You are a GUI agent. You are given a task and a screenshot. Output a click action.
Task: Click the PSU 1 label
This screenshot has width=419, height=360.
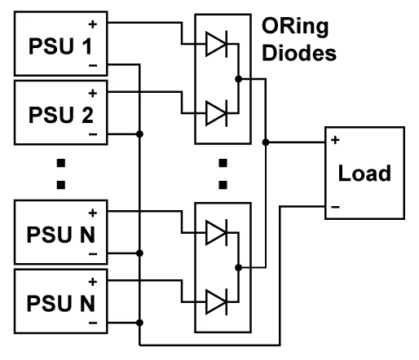click(x=60, y=46)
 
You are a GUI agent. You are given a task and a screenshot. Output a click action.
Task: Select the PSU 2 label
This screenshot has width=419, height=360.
click(x=61, y=115)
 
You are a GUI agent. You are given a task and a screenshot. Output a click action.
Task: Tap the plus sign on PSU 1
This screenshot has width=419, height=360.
click(x=93, y=24)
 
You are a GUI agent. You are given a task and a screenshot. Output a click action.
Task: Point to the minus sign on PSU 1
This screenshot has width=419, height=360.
click(x=93, y=65)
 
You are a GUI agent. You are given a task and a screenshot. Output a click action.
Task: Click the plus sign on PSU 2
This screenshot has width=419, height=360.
click(x=93, y=94)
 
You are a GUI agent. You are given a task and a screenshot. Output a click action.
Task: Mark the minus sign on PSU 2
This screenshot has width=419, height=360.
click(x=93, y=134)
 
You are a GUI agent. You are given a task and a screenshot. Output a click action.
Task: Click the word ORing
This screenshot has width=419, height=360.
click(x=295, y=27)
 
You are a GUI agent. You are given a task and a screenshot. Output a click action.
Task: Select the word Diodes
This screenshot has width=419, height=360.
click(x=299, y=53)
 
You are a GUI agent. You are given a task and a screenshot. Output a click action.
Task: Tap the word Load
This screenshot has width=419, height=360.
click(x=364, y=173)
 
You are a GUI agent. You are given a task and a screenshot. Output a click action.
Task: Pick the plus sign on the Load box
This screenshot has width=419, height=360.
click(x=335, y=140)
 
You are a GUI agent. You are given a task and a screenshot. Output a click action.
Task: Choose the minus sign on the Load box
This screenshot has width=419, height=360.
click(x=335, y=207)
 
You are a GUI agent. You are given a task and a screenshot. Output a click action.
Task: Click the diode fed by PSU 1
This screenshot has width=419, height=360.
click(x=217, y=44)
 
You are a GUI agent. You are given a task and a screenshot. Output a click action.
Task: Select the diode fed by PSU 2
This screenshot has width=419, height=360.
click(x=217, y=113)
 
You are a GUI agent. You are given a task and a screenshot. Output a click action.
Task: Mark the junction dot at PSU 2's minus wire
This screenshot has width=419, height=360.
click(x=139, y=134)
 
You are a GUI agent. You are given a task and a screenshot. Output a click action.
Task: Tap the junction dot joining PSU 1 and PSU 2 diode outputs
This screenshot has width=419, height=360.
click(x=238, y=79)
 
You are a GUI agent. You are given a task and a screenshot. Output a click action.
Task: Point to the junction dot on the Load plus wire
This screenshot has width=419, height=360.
click(x=266, y=142)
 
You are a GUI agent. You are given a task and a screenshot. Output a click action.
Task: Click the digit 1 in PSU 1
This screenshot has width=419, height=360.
click(x=87, y=46)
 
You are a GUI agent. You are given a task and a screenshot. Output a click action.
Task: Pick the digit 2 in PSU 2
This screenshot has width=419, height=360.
click(x=87, y=115)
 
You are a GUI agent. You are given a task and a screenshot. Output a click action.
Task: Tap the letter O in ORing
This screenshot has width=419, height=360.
click(x=271, y=26)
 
